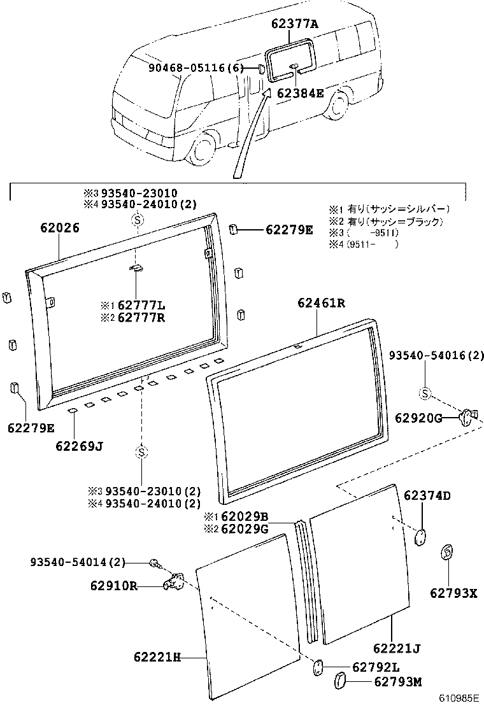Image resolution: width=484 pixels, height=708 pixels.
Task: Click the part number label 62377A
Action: click(x=294, y=24)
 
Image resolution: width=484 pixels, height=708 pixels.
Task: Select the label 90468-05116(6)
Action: click(x=196, y=67)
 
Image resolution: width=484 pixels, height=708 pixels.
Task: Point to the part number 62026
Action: click(x=60, y=227)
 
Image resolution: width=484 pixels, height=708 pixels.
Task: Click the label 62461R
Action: click(x=321, y=304)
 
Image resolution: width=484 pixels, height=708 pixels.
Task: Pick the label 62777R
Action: click(x=141, y=317)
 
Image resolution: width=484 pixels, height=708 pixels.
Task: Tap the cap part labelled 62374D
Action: click(x=420, y=536)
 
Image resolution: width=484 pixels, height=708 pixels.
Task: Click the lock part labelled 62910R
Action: click(x=175, y=583)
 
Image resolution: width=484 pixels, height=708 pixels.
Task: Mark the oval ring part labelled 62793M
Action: click(x=341, y=683)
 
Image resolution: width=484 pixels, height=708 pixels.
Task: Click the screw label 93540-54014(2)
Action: click(x=78, y=562)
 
